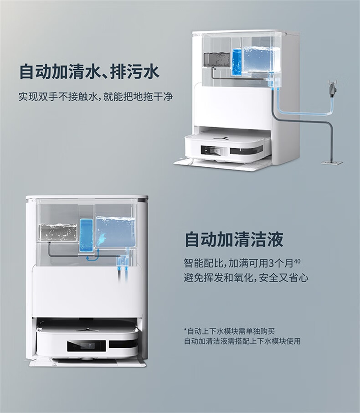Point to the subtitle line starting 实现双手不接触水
point(96,97)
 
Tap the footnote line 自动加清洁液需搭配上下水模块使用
point(242,341)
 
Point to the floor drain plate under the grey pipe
point(331,162)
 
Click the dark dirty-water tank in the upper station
point(216,59)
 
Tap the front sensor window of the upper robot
point(212,150)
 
